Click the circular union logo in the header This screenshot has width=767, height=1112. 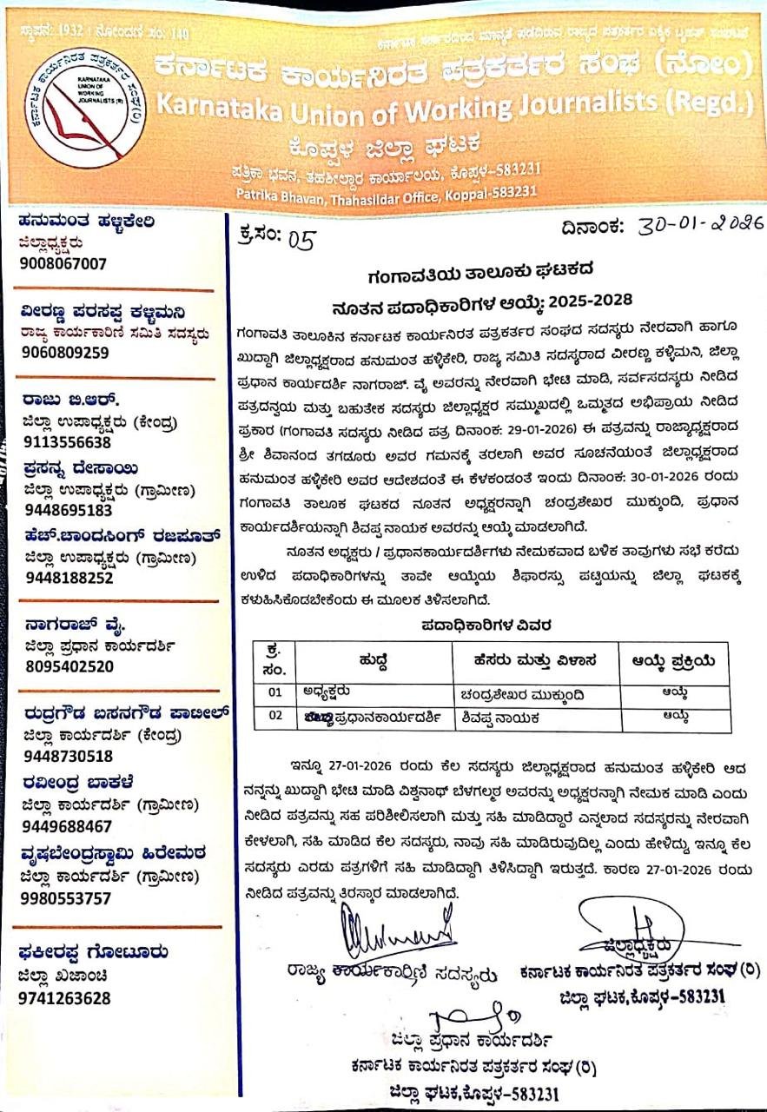84,108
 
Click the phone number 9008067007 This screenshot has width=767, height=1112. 63,263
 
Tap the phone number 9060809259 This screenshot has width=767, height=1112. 64,352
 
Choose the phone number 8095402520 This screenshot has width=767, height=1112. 69,666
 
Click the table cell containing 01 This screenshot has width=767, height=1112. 274,693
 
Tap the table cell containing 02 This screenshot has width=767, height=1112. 274,717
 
